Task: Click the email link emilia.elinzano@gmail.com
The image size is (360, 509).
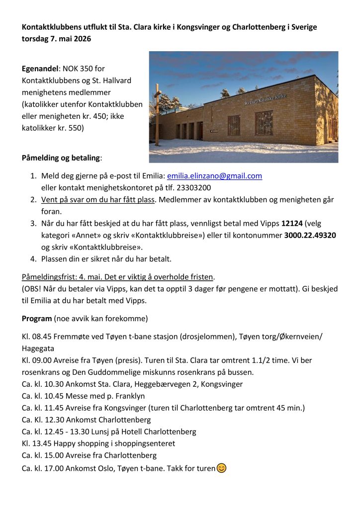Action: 214,176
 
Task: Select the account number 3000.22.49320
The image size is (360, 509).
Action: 310,235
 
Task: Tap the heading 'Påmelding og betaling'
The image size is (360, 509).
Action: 61,158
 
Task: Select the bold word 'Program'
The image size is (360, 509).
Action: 36,318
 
